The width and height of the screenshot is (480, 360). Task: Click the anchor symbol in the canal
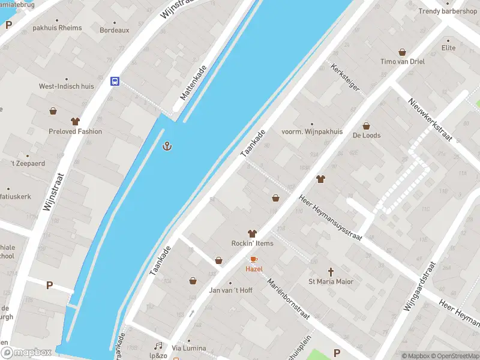pyautogui.click(x=167, y=146)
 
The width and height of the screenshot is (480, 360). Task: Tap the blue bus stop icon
pyautogui.click(x=114, y=81)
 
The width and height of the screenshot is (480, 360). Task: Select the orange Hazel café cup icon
pyautogui.click(x=254, y=259)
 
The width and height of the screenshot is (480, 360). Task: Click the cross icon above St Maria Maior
pyautogui.click(x=331, y=272)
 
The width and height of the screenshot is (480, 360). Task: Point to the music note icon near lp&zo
pyautogui.click(x=158, y=346)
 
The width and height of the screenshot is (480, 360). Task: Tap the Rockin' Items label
pyautogui.click(x=252, y=243)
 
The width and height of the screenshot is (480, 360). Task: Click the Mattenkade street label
pyautogui.click(x=193, y=83)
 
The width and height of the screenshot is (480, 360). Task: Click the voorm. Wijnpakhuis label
pyautogui.click(x=312, y=132)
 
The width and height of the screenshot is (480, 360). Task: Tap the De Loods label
pyautogui.click(x=367, y=136)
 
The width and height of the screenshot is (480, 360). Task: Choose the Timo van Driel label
pyautogui.click(x=402, y=62)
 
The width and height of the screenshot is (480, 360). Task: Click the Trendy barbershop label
pyautogui.click(x=448, y=11)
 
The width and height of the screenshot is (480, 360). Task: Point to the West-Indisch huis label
pyautogui.click(x=67, y=86)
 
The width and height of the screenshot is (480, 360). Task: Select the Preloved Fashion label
pyautogui.click(x=76, y=131)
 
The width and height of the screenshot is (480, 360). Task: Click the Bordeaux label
pyautogui.click(x=114, y=30)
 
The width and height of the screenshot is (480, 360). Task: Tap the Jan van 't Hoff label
pyautogui.click(x=230, y=290)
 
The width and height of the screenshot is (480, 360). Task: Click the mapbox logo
pyautogui.click(x=26, y=353)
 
